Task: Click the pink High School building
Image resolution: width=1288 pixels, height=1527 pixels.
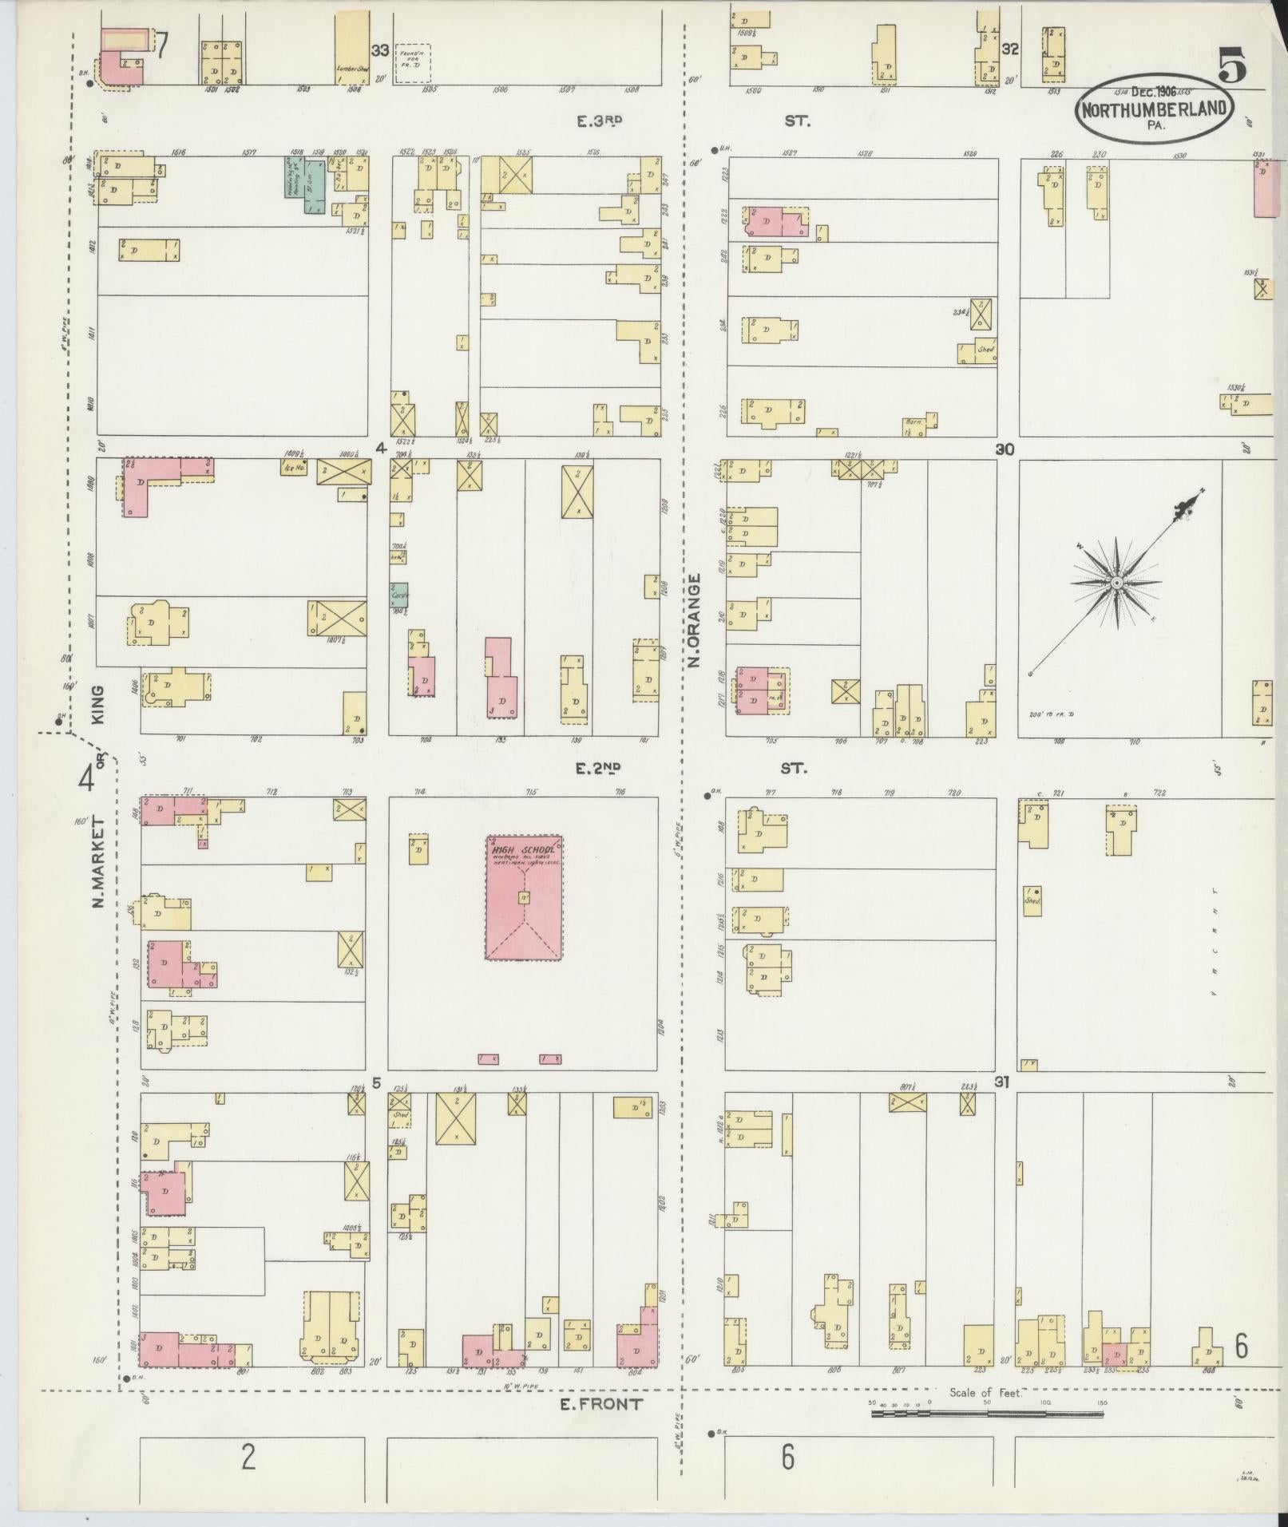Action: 524,897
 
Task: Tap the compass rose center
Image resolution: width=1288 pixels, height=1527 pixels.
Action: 1116,584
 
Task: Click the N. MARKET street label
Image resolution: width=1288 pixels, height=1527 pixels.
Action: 101,862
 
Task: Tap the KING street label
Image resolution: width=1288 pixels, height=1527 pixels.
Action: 99,704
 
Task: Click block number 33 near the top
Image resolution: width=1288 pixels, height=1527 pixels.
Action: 379,50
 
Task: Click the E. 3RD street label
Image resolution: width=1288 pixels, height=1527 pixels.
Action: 600,121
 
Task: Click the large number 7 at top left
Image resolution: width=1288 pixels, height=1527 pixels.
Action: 162,45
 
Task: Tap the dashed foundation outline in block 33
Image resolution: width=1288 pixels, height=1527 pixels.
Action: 414,61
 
